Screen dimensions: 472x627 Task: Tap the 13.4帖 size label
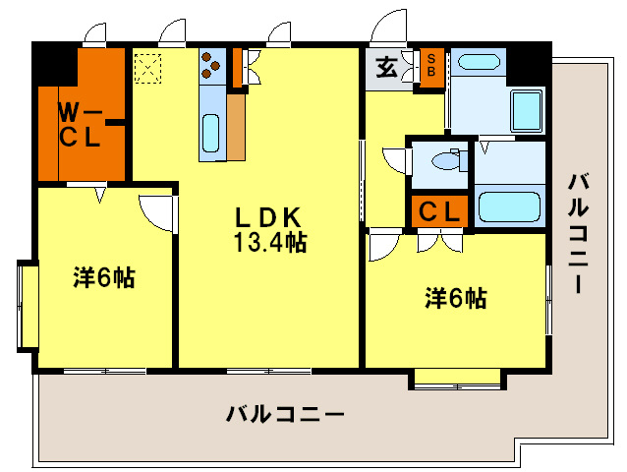pyautogui.click(x=269, y=243)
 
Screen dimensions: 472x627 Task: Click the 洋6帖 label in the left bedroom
pyautogui.click(x=103, y=278)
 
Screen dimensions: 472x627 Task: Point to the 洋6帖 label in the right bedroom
pyautogui.click(x=455, y=298)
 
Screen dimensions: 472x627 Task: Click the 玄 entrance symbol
pyautogui.click(x=387, y=68)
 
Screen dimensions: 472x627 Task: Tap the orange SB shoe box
pyautogui.click(x=430, y=69)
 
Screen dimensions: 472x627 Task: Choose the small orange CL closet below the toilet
pyautogui.click(x=437, y=211)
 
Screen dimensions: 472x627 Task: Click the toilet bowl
pyautogui.click(x=449, y=161)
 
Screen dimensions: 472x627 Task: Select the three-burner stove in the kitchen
pyautogui.click(x=211, y=66)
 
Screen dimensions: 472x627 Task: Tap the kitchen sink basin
pyautogui.click(x=211, y=132)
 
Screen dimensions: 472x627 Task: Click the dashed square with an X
pyautogui.click(x=149, y=68)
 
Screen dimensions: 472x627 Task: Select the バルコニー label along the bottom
pyautogui.click(x=285, y=414)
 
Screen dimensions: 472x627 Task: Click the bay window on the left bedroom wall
pyautogui.click(x=27, y=305)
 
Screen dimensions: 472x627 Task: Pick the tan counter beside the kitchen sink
pyautogui.click(x=236, y=126)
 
